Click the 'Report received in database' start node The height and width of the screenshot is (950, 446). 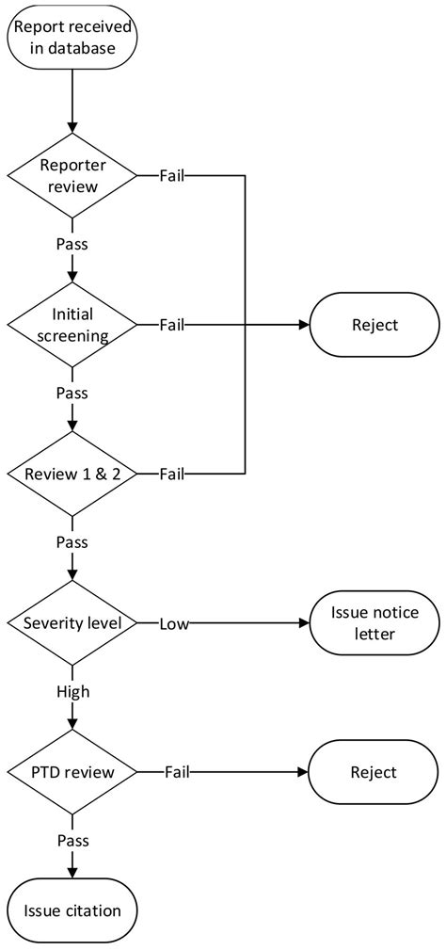pos(72,37)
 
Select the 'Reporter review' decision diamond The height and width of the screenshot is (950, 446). pos(72,175)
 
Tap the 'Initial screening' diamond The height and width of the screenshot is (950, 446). pos(72,324)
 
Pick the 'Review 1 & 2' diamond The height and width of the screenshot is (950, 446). pos(72,474)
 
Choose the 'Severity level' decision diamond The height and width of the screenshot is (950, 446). pos(72,623)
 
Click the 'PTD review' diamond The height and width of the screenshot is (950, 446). pos(72,772)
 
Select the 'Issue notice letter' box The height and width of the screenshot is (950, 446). pos(374,623)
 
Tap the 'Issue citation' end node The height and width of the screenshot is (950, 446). pos(72,910)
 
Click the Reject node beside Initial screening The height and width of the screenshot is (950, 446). pos(374,325)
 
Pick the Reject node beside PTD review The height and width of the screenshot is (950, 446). pos(374,772)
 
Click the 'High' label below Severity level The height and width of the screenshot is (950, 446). pos(72,691)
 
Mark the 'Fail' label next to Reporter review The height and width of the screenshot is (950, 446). pos(171,175)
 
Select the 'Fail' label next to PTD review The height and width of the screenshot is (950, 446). pos(177,772)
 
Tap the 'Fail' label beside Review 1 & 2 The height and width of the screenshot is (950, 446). pos(171,474)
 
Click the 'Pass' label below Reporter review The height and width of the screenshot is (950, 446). pos(72,244)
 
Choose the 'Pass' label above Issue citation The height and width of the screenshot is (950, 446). pos(72,841)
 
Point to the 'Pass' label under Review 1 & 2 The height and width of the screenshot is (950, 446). pos(72,542)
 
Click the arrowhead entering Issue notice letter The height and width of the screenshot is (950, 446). pos(304,623)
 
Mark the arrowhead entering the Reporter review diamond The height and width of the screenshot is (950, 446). pos(72,127)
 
